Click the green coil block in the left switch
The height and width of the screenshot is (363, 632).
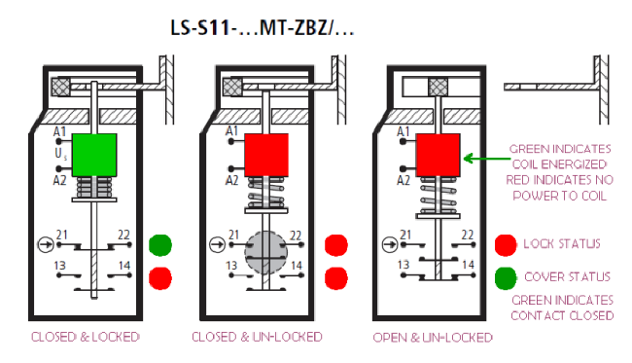(95, 155)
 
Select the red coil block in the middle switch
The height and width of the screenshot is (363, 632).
(265, 154)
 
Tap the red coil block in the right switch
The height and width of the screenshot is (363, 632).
(438, 154)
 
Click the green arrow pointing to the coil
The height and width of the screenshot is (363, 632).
(484, 156)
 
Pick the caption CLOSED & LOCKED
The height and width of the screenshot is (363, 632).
(86, 338)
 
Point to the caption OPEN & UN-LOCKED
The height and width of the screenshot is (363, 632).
(433, 338)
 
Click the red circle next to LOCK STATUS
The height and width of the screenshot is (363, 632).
(506, 243)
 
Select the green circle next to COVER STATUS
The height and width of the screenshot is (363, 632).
(506, 276)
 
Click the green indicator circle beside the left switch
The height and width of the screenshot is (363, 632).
(160, 244)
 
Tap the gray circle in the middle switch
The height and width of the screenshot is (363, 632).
(265, 255)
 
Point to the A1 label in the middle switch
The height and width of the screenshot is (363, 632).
(231, 131)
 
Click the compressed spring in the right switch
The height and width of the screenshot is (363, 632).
(438, 194)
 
